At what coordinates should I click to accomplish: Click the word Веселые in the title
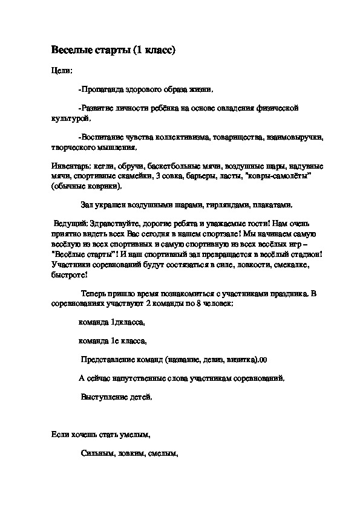67,50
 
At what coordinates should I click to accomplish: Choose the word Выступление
105,397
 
